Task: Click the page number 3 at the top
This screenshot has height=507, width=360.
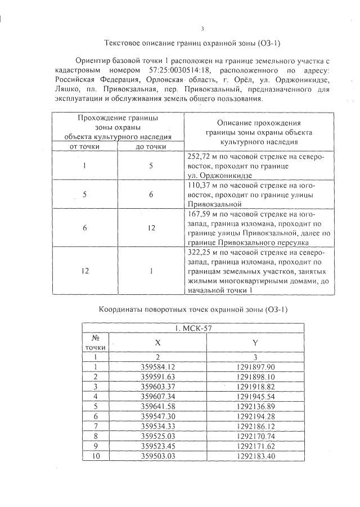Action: (x=202, y=29)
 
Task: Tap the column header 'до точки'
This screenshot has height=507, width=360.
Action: (x=151, y=146)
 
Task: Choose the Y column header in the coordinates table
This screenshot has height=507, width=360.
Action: (x=255, y=342)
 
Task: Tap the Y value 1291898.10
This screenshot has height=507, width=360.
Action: (x=255, y=376)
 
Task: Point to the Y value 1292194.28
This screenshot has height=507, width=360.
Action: (x=255, y=416)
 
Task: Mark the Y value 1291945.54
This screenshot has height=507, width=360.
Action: (x=255, y=396)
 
